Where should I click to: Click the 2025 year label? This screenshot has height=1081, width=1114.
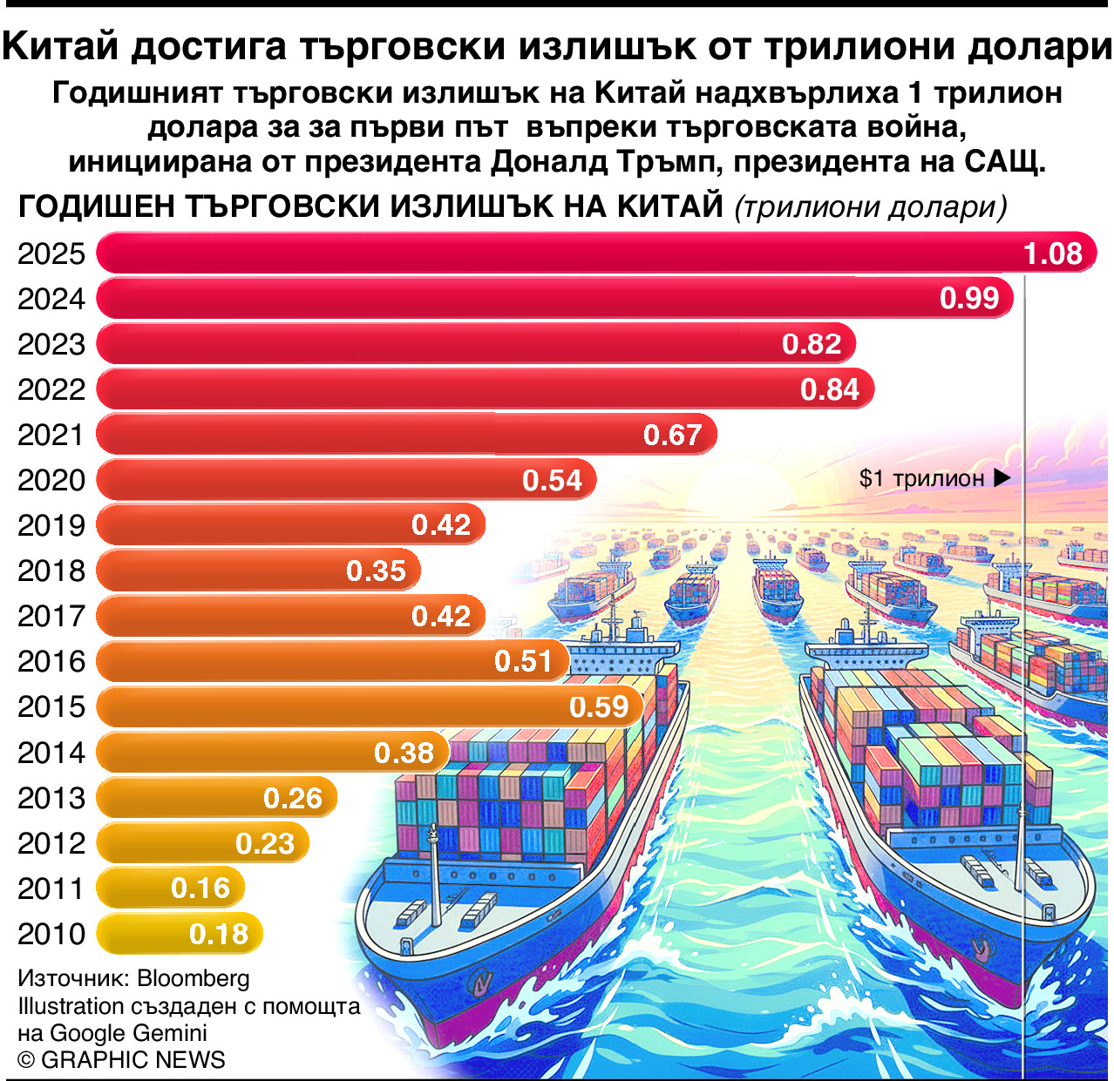coord(51,253)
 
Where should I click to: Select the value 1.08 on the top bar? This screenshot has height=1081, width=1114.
coord(1052,253)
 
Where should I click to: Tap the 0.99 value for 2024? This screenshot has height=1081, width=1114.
coord(968,299)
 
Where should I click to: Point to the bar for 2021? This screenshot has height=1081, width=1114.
coord(366,434)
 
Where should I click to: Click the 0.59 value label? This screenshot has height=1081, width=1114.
coord(599,706)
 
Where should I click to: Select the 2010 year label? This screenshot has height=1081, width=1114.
coord(51,934)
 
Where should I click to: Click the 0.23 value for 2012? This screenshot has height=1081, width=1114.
coord(265,843)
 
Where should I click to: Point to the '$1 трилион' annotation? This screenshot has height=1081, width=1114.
coord(921,478)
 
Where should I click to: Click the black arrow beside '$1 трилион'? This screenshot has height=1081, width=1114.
coord(1002,478)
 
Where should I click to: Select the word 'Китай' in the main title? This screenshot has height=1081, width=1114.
coord(60,46)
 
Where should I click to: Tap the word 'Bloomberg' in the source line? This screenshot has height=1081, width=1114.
coord(194,978)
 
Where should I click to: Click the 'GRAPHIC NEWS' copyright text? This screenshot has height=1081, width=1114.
coord(132,1059)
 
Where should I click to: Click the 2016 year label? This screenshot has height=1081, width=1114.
coord(51,661)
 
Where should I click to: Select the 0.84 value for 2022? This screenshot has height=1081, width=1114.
coord(829,389)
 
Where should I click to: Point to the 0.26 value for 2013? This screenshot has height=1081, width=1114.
coord(293,798)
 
